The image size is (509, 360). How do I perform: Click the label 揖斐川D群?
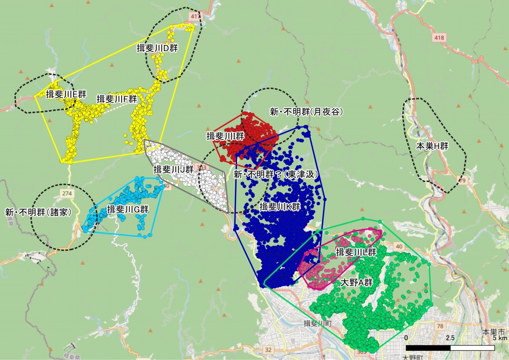(x=157, y=48)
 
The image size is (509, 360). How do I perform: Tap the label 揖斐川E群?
(x=66, y=95)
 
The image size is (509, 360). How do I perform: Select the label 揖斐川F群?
(x=117, y=99)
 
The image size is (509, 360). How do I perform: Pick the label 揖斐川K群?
(x=280, y=206)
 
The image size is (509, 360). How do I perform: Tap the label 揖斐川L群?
(x=356, y=252)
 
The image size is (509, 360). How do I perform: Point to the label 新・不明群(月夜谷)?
(x=306, y=112)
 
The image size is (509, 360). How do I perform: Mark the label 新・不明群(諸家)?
(x=38, y=212)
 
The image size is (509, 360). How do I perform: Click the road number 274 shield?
(x=67, y=193)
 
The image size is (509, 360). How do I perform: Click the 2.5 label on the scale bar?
(x=450, y=338)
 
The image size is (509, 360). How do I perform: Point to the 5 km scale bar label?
(x=500, y=338)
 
